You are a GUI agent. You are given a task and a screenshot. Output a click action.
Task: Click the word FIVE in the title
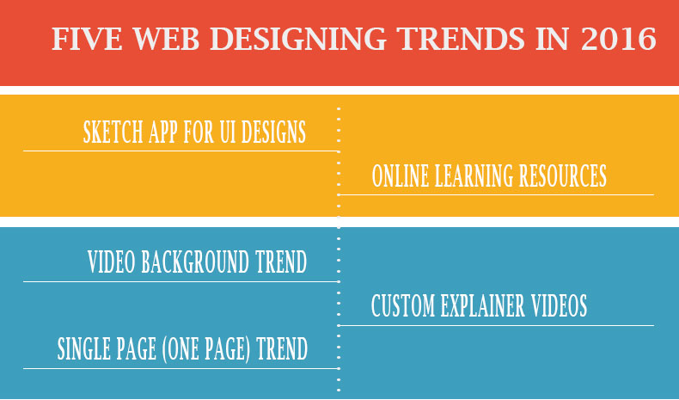click(87, 39)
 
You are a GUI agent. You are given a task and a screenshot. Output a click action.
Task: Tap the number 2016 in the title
click(619, 39)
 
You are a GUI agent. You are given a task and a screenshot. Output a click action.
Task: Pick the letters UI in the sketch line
click(229, 132)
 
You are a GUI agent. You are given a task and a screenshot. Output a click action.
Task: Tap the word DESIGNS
click(273, 132)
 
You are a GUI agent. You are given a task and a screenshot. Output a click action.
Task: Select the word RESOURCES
click(562, 175)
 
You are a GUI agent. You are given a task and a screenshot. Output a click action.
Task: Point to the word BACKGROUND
click(195, 262)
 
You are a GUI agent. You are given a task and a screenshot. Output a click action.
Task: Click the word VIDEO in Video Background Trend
click(112, 262)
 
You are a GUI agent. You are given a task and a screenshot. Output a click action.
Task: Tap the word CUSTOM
click(403, 305)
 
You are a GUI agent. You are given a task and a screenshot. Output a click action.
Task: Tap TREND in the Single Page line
click(282, 348)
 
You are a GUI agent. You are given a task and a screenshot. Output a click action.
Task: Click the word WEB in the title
click(166, 39)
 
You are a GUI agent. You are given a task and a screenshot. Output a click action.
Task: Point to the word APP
click(163, 132)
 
